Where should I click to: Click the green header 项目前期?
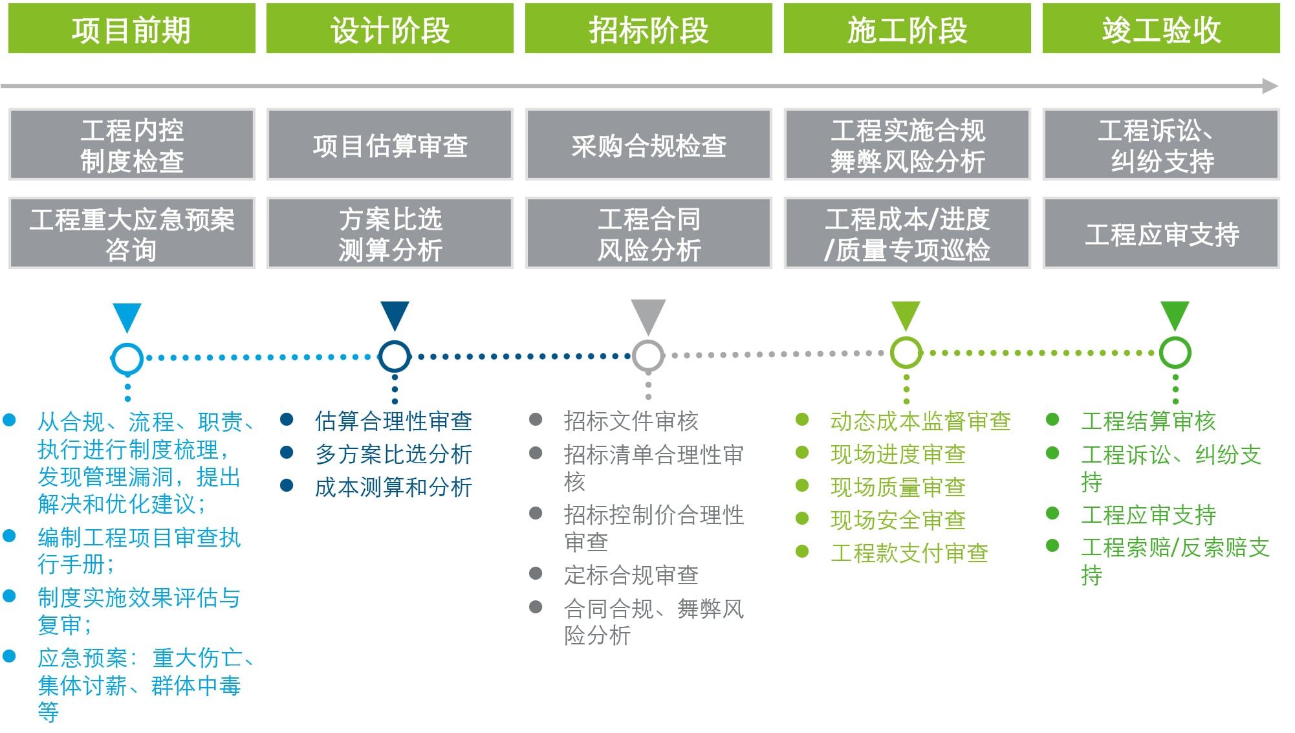click(131, 29)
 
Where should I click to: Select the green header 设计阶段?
click(389, 29)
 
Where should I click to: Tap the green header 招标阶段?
click(648, 29)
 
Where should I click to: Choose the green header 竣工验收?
click(1160, 29)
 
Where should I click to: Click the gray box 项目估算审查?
click(389, 145)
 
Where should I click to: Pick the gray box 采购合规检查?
click(648, 145)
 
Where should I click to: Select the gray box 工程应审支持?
click(1161, 234)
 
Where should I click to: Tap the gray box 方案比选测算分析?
click(389, 234)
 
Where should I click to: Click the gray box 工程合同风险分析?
click(648, 234)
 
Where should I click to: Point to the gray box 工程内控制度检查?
click(131, 145)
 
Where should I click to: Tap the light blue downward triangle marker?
click(127, 316)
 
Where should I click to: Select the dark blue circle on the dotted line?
click(395, 356)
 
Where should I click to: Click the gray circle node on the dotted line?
click(648, 355)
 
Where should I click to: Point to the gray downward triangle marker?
click(648, 315)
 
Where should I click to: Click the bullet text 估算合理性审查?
click(393, 421)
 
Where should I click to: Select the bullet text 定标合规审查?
click(631, 574)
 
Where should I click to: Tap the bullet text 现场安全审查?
click(898, 520)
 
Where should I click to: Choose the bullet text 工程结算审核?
click(1148, 421)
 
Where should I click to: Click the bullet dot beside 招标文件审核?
click(536, 419)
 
